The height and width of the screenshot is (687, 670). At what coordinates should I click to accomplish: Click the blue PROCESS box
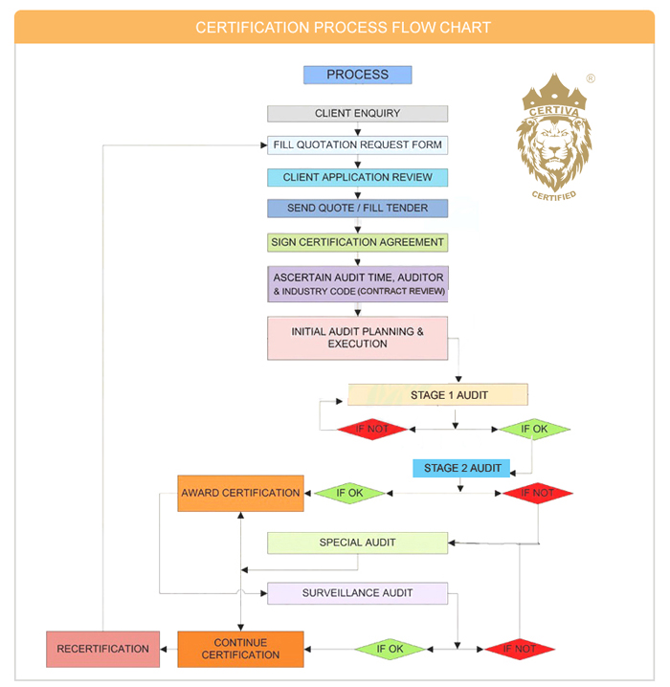357,75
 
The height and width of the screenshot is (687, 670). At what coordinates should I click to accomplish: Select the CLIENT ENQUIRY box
357,113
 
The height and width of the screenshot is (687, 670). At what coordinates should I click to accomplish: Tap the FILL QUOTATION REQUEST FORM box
357,145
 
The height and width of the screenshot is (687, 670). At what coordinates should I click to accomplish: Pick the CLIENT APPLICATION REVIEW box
357,178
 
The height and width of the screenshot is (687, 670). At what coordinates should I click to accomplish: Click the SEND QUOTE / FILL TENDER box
357,209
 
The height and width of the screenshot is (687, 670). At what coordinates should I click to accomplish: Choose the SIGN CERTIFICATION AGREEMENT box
357,242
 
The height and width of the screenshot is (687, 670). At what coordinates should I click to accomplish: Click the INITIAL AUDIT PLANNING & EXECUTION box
357,338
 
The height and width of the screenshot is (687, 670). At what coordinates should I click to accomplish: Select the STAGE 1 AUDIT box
436,394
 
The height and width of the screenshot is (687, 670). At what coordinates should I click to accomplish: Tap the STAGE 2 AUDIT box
461,468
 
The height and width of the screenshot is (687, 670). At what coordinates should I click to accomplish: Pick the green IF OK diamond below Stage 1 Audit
533,429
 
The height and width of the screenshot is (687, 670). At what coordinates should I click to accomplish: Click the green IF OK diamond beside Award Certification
348,494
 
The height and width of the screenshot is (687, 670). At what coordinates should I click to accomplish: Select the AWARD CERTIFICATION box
240,494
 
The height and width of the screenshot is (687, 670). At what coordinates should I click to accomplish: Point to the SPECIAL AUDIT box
357,543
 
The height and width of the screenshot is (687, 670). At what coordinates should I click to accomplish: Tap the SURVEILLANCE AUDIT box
357,593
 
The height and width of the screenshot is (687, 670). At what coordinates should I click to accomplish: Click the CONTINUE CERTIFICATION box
240,649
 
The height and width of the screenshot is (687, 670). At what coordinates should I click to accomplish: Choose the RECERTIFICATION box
102,649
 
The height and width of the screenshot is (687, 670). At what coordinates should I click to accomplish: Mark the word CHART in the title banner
465,27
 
